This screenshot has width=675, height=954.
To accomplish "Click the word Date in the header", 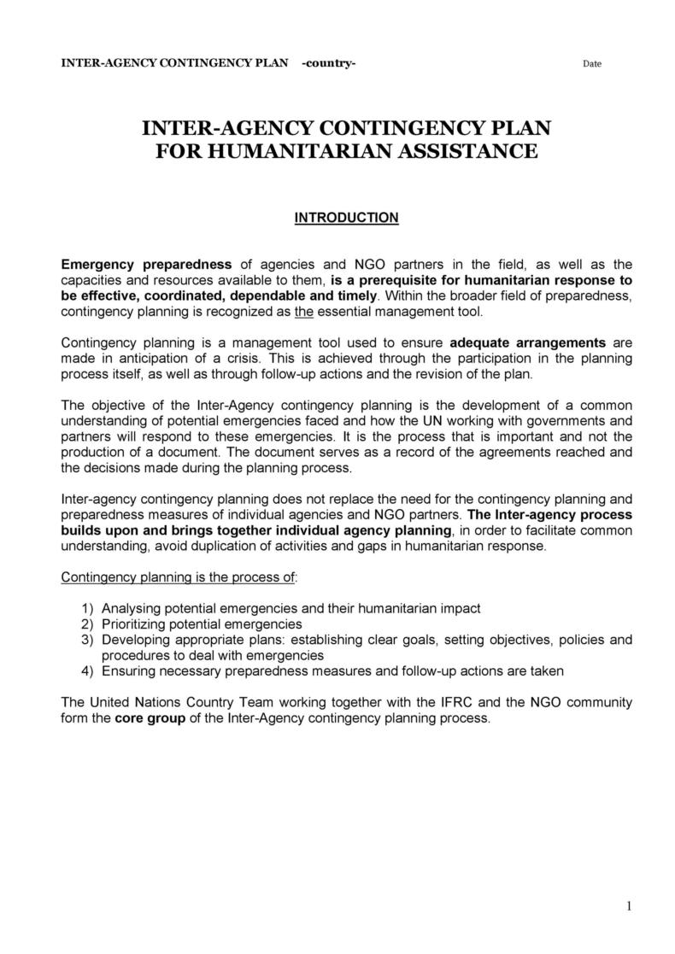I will click(591, 64).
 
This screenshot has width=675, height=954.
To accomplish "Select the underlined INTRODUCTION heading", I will click(346, 218).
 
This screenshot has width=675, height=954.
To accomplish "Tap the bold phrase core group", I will click(143, 718).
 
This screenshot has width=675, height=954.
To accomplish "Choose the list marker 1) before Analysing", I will click(87, 608).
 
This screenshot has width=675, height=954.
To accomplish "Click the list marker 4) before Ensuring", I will click(87, 671).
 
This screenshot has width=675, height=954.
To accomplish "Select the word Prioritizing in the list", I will click(136, 624).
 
